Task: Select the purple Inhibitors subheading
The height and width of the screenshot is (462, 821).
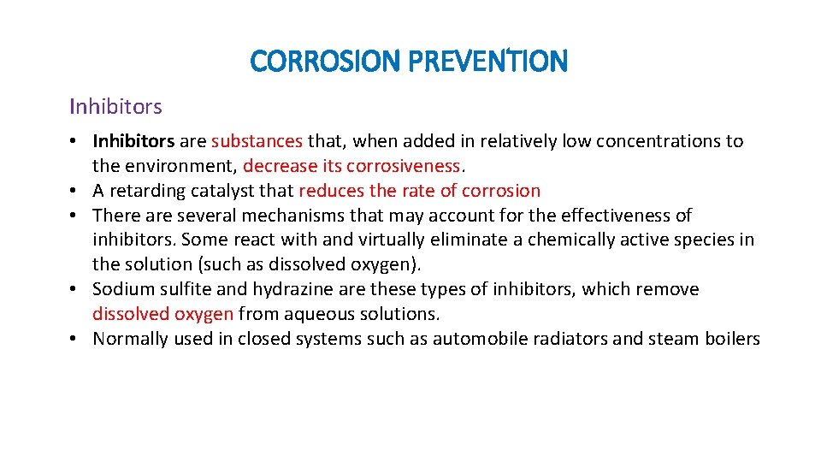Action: pyautogui.click(x=115, y=107)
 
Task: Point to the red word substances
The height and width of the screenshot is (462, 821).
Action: pyautogui.click(x=257, y=141)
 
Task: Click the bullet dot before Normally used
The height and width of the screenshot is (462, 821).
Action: pyautogui.click(x=74, y=340)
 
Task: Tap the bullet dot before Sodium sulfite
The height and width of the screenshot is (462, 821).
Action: pyautogui.click(x=74, y=290)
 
